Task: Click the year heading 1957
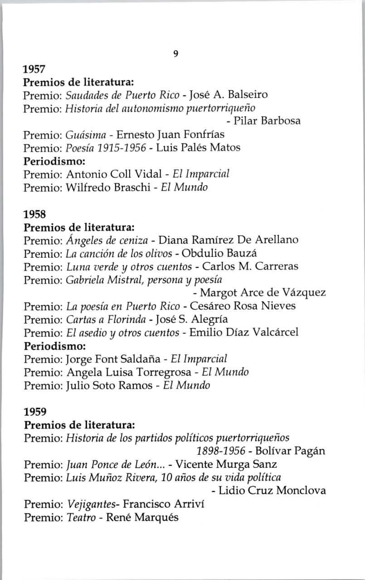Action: pyautogui.click(x=34, y=69)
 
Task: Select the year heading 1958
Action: pyautogui.click(x=34, y=213)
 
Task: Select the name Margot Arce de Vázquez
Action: pyautogui.click(x=263, y=292)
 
